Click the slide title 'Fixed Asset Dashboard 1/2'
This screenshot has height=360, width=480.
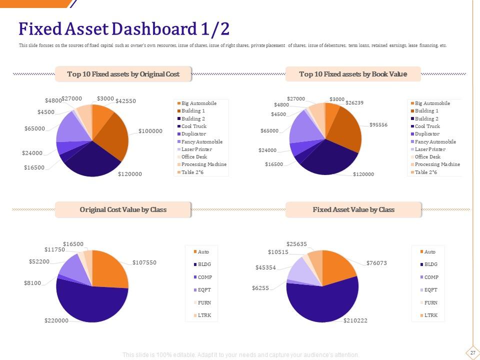pos(124,29)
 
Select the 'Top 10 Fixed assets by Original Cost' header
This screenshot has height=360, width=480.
pos(123,74)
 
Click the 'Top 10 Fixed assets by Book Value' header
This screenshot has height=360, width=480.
pos(353,74)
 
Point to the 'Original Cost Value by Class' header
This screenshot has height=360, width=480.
pos(123,209)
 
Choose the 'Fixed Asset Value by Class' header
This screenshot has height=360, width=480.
pos(353,209)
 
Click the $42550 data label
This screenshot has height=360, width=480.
pos(125,101)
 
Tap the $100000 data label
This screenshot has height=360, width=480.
pos(150,131)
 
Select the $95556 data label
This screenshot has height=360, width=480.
pos(378,124)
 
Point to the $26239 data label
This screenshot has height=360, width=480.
pos(353,103)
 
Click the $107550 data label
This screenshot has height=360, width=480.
pos(144,262)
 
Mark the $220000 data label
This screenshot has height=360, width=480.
pos(56,320)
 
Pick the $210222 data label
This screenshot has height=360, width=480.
pos(355,320)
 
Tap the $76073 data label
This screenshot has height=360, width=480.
pos(376,263)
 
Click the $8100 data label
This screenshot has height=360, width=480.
pos(32,283)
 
